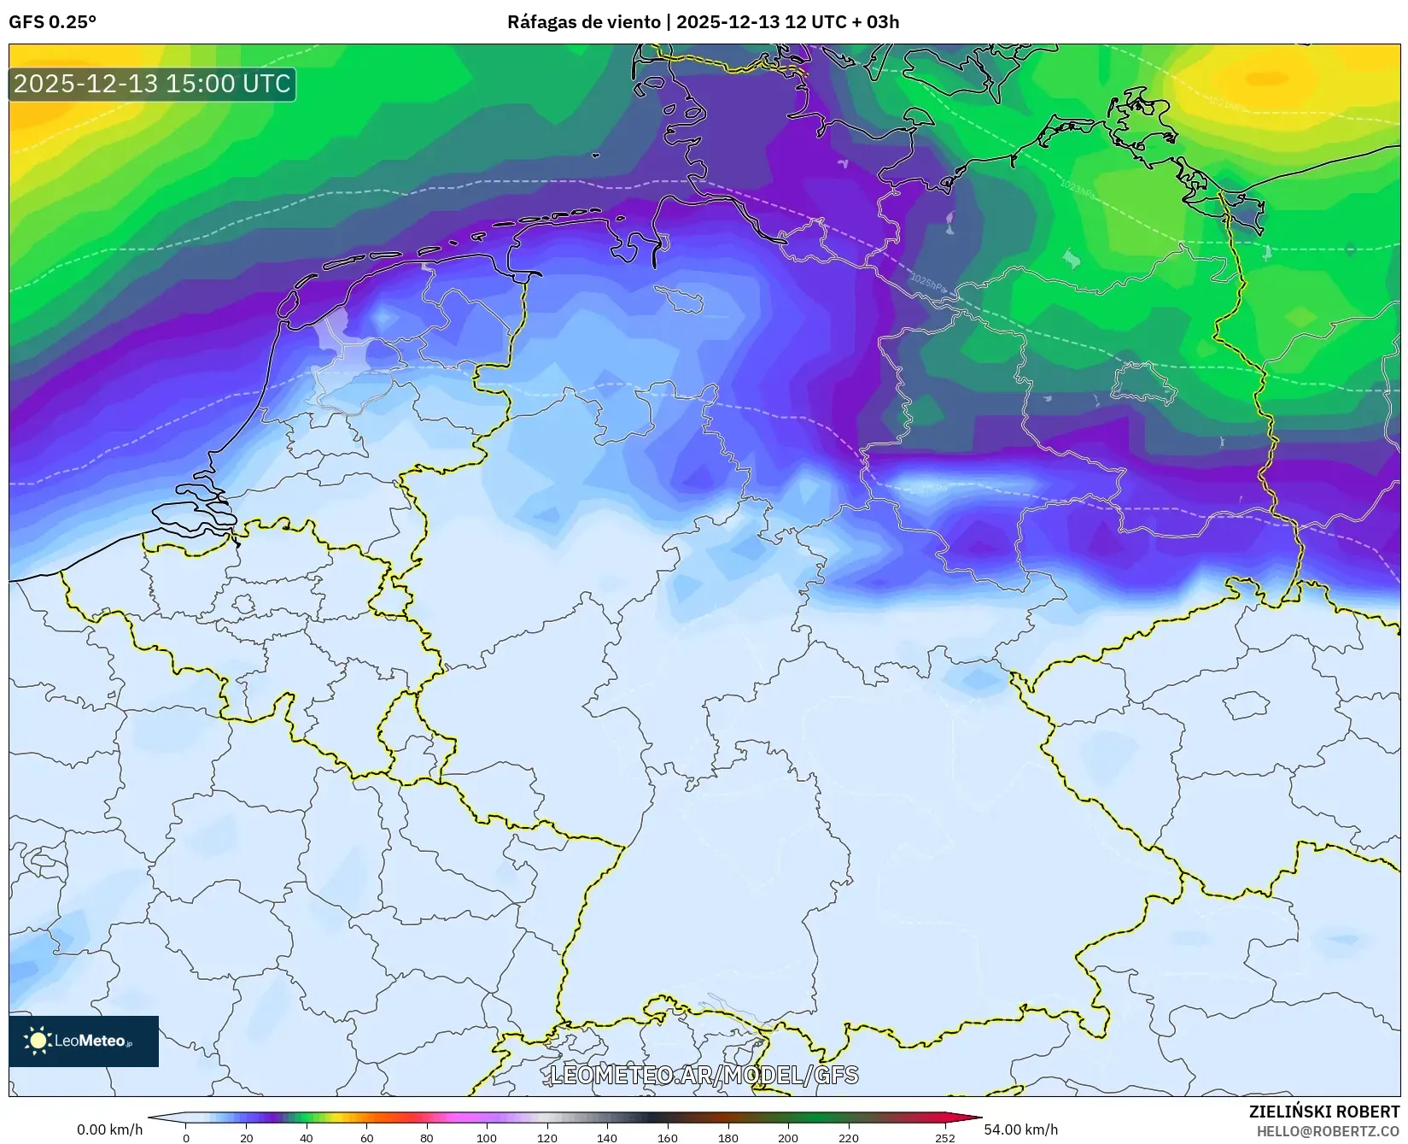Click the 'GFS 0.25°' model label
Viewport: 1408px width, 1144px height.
click(52, 22)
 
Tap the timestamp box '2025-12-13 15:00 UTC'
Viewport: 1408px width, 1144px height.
click(152, 84)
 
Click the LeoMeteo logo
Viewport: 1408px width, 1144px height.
click(84, 1041)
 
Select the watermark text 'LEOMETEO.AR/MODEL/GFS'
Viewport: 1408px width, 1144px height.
click(704, 1075)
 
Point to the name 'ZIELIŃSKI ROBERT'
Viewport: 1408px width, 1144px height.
click(1323, 1112)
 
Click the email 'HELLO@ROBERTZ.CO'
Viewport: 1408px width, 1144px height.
click(1328, 1130)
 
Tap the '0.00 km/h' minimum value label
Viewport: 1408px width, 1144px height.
click(110, 1129)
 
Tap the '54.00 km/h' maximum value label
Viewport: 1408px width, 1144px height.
click(1020, 1129)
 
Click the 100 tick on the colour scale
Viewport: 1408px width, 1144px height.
click(487, 1137)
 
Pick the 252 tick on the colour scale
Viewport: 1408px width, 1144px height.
click(944, 1137)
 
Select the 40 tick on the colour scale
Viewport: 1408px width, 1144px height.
click(307, 1137)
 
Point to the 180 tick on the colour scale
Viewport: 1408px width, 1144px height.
click(727, 1137)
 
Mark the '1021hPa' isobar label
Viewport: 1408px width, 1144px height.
click(1227, 103)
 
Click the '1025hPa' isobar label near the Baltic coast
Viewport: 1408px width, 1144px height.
click(928, 284)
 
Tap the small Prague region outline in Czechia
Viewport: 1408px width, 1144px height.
click(1246, 706)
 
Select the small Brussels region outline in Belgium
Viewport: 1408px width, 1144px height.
click(243, 605)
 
